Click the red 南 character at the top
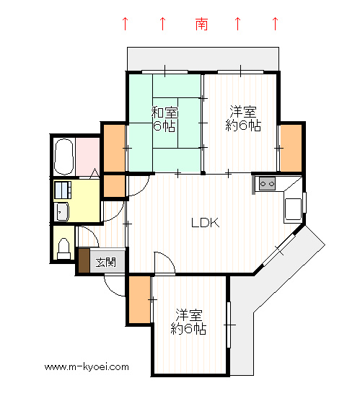click(201, 24)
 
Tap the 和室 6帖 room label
click(164, 119)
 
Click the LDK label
click(205, 223)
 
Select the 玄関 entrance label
click(106, 263)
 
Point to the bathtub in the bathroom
click(64, 157)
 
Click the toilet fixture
click(63, 249)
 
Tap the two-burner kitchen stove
click(267, 184)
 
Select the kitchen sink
click(293, 209)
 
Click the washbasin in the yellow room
click(61, 211)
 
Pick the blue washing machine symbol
click(63, 190)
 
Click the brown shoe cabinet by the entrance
click(84, 260)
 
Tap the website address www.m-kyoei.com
click(87, 366)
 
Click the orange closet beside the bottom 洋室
click(140, 299)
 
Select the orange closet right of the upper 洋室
click(291, 148)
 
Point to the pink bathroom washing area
click(88, 157)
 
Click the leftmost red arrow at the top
click(125, 24)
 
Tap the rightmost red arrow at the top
click(275, 24)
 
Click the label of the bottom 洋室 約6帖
click(189, 322)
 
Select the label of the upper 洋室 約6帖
click(243, 118)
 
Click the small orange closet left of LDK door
click(115, 186)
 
